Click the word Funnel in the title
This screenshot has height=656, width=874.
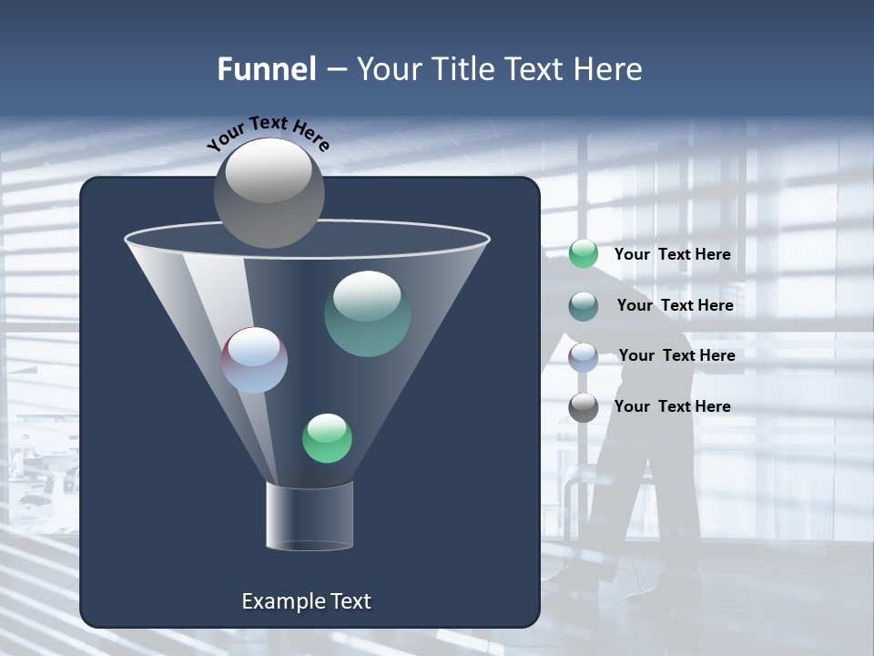[266, 69]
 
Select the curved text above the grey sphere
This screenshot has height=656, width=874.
[268, 133]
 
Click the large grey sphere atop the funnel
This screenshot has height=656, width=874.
[269, 193]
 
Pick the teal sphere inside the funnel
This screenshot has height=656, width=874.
[367, 313]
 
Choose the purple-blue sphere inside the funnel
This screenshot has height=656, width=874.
[255, 360]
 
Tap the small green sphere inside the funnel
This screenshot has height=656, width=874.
[327, 438]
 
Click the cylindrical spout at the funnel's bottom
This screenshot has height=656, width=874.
[309, 516]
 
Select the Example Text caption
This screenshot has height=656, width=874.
[306, 601]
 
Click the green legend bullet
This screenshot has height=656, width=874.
[584, 254]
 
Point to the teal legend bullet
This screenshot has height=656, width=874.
[584, 306]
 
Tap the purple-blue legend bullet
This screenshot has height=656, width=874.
[584, 356]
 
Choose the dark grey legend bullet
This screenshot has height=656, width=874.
[584, 407]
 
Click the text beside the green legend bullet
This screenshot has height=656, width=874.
[672, 254]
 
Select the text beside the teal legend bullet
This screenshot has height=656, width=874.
[675, 305]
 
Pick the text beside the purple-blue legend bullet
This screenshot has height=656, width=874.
[676, 355]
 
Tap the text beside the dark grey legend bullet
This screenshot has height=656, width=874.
[672, 406]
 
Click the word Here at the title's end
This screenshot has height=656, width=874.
[607, 69]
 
